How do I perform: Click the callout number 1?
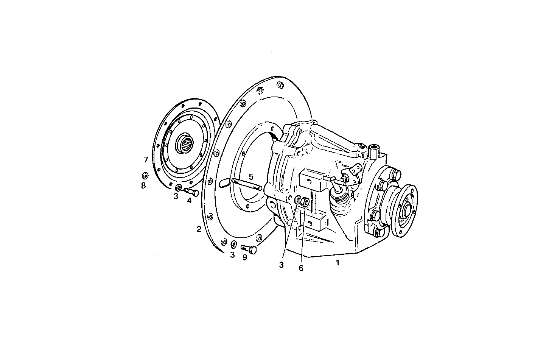click(x=338, y=263)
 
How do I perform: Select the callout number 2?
click(x=199, y=229)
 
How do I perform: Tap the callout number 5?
click(x=251, y=176)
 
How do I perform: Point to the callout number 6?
click(x=301, y=268)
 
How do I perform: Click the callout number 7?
click(x=146, y=160)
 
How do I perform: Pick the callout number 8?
click(x=143, y=185)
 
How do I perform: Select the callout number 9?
click(x=244, y=257)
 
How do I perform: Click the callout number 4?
click(x=189, y=201)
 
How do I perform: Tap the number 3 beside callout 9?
click(x=233, y=255)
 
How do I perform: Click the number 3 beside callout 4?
click(x=176, y=196)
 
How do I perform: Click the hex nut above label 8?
click(x=144, y=176)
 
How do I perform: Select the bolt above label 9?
click(x=250, y=249)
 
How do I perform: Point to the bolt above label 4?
click(x=192, y=192)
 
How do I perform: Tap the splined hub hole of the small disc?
click(x=186, y=143)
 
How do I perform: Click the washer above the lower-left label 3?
click(x=233, y=244)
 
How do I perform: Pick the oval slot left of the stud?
click(x=224, y=183)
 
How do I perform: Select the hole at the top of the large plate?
click(x=280, y=85)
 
